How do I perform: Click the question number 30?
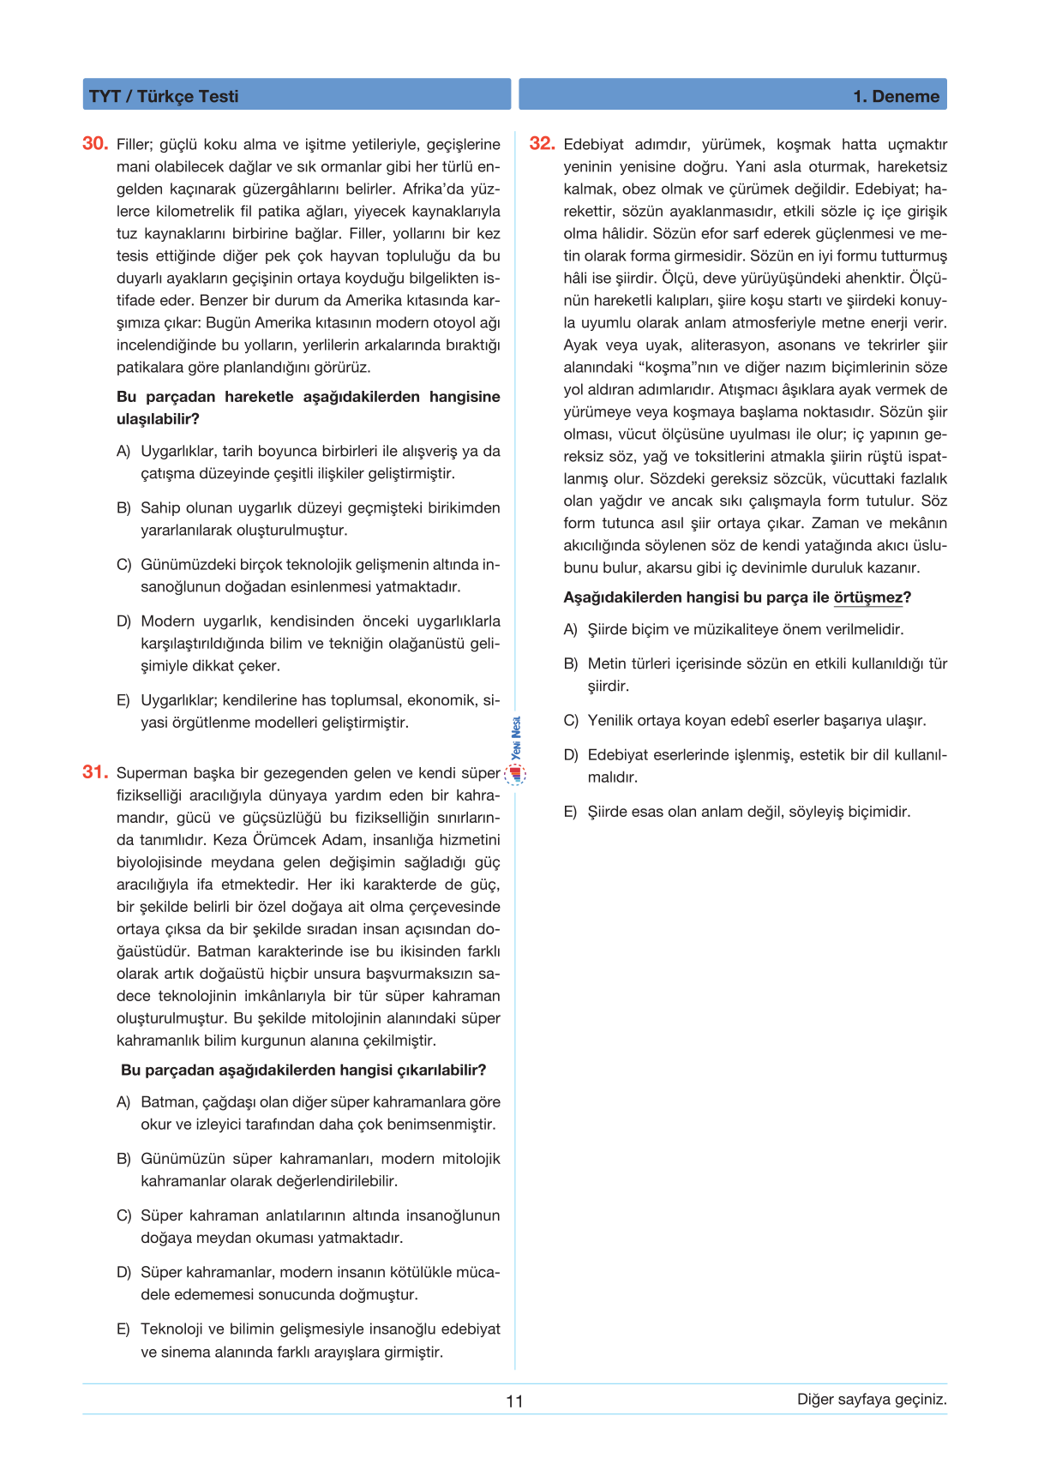[x=94, y=144]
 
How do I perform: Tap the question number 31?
[x=94, y=772]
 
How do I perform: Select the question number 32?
[x=542, y=144]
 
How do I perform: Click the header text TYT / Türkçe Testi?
[x=164, y=96]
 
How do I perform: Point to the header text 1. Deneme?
[x=896, y=96]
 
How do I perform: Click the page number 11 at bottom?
[x=514, y=1401]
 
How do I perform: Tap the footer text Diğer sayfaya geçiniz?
[x=872, y=1399]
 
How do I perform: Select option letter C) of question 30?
[x=123, y=565]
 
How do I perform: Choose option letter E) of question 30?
[x=123, y=700]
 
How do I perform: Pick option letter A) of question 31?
[x=123, y=1102]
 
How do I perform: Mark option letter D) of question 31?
[x=123, y=1272]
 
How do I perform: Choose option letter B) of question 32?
[x=571, y=663]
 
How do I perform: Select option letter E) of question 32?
[x=571, y=812]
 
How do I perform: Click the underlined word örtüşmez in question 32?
[x=867, y=597]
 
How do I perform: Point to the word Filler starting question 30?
[x=135, y=144]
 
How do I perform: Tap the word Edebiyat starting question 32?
[x=593, y=144]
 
